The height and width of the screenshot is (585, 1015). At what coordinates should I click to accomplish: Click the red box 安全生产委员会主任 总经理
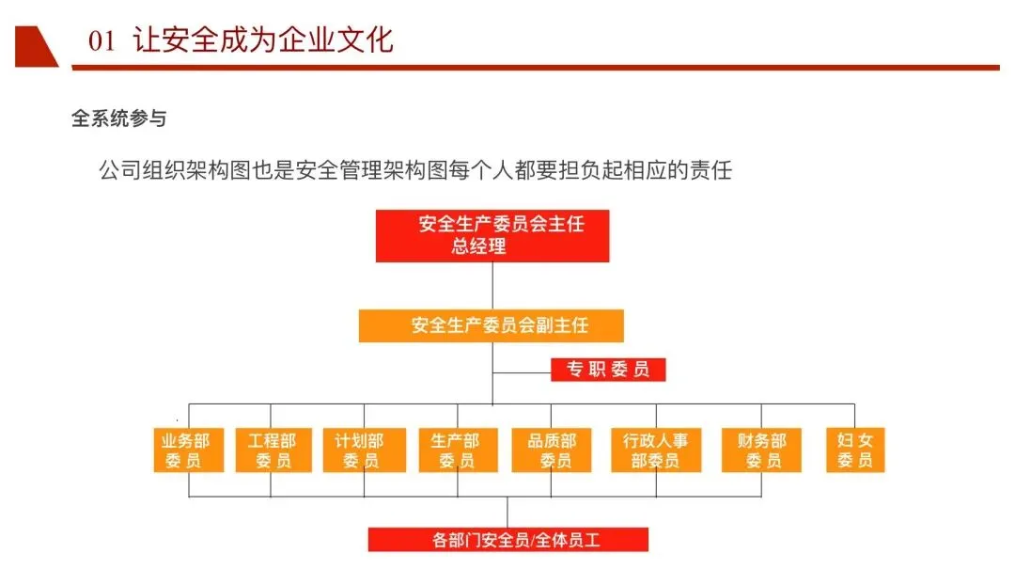[492, 235]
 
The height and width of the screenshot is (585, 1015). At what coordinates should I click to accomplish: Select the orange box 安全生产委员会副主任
[492, 325]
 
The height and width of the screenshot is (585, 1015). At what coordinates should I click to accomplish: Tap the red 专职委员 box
[607, 370]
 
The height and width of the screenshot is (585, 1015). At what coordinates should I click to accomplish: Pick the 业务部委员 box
[188, 450]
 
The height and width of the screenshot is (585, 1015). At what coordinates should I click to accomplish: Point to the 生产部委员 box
[458, 450]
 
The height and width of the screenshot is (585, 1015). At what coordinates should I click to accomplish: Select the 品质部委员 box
[552, 450]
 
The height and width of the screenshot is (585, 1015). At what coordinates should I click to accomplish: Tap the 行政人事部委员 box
[656, 450]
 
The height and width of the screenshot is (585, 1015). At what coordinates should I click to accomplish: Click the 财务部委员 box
[761, 450]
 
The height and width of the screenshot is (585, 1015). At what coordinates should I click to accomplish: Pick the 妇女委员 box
[855, 450]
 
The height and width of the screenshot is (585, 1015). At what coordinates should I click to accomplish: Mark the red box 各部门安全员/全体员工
[507, 540]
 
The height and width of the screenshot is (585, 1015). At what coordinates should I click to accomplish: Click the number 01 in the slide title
[101, 41]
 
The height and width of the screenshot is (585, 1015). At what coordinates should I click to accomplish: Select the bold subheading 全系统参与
[118, 119]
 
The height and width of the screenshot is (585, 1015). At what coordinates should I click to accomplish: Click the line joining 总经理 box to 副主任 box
[492, 286]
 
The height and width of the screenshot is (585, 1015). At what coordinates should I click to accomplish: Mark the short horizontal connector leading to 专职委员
[522, 372]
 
